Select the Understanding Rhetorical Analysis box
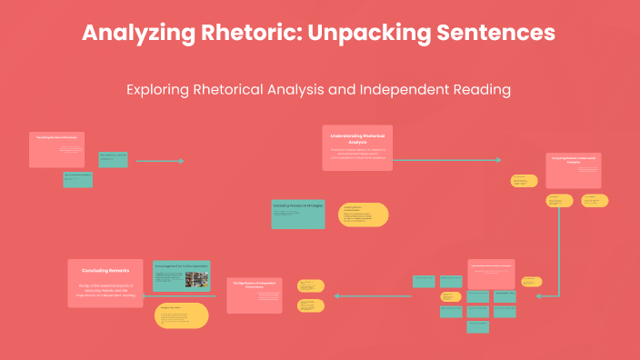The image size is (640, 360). pos(357,147)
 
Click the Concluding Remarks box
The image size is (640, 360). pos(105,283)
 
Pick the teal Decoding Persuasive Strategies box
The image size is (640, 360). pos(297,214)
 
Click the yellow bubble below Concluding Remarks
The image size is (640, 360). pos(182,315)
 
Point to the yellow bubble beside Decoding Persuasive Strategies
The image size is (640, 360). pos(363,215)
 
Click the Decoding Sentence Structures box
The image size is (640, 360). pos(57,150)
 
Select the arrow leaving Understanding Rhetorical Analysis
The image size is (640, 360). pos(445,160)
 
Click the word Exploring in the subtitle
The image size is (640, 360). pos(159,90)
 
